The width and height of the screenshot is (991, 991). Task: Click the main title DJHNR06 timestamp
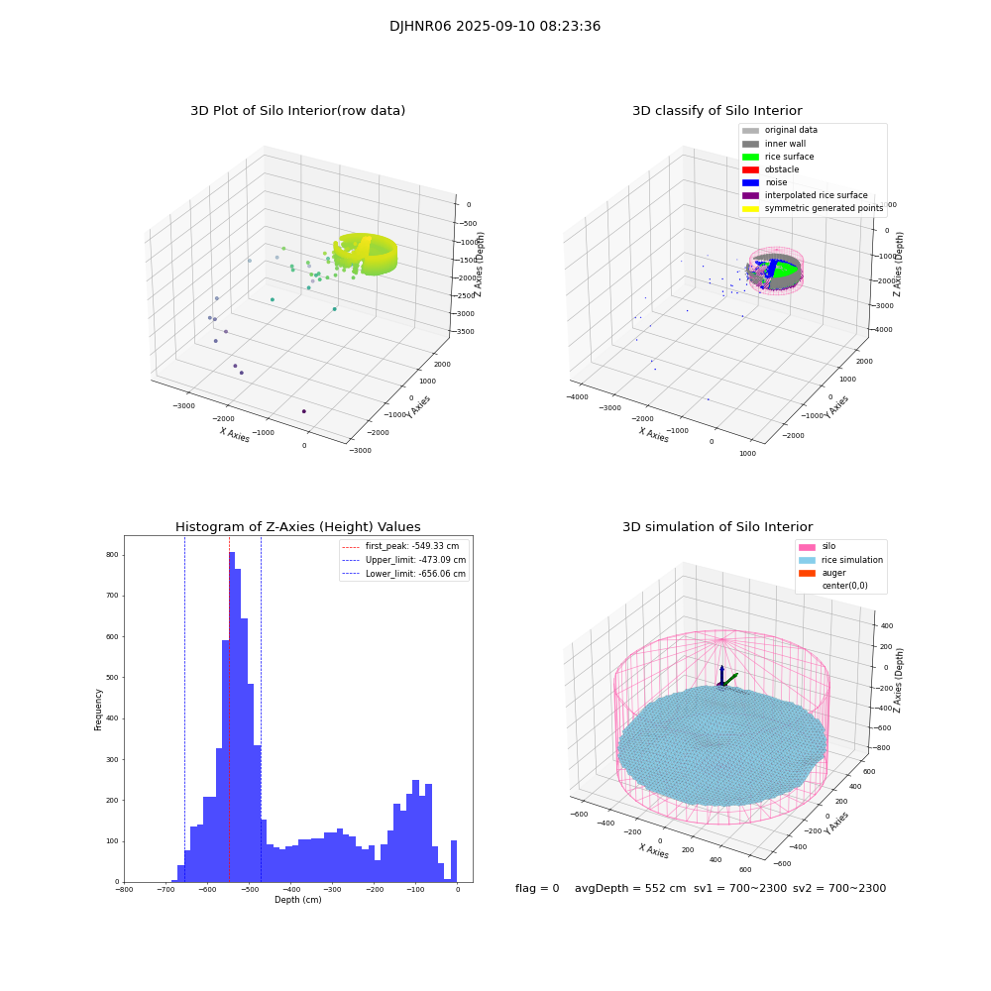pyautogui.click(x=495, y=27)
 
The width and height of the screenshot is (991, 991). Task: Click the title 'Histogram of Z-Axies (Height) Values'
pyautogui.click(x=297, y=527)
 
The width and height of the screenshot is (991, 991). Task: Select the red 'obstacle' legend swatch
pyautogui.click(x=750, y=169)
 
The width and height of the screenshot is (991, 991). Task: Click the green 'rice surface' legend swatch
pyautogui.click(x=750, y=157)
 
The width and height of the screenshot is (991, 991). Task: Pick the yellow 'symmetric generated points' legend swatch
pyautogui.click(x=750, y=208)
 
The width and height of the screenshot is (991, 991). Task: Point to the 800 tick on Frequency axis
pyautogui.click(x=111, y=555)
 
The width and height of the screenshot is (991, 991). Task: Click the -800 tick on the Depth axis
pyautogui.click(x=124, y=890)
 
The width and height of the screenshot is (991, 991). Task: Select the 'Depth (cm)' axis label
pyautogui.click(x=297, y=900)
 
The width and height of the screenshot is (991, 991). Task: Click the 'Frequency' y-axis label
pyautogui.click(x=98, y=709)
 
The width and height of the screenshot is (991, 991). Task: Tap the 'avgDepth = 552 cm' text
pyautogui.click(x=630, y=889)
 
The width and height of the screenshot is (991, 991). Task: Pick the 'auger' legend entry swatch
pyautogui.click(x=807, y=573)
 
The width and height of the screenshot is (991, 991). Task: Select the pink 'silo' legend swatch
pyautogui.click(x=807, y=546)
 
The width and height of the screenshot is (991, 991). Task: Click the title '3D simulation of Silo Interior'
pyautogui.click(x=717, y=527)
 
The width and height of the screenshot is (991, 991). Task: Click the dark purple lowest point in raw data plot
pyautogui.click(x=303, y=411)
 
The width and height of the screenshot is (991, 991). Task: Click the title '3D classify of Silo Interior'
pyautogui.click(x=717, y=111)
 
